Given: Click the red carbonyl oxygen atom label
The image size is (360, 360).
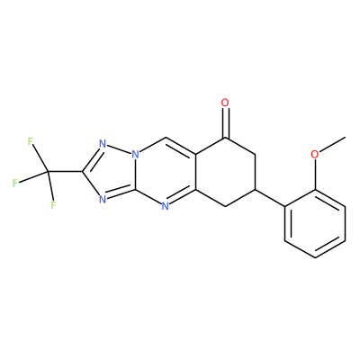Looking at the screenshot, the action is click(225, 103).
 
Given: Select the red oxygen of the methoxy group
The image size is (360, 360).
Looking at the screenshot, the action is click(315, 155).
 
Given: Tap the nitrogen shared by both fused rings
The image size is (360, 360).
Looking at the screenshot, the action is click(135, 156).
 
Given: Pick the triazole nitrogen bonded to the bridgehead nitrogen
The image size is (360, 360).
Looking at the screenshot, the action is click(103, 144).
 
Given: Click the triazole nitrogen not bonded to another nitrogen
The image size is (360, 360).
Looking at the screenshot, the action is click(103, 199).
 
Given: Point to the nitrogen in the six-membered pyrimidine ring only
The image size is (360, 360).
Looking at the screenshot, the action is click(165, 206).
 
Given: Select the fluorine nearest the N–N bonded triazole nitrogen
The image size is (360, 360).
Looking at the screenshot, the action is click(30, 141).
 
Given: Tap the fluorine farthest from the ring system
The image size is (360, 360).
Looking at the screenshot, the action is click(15, 183).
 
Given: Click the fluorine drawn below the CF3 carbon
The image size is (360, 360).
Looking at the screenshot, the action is click(53, 205).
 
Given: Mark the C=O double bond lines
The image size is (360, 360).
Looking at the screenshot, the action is click(225, 123).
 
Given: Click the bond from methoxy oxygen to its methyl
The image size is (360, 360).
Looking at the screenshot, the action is click(332, 145).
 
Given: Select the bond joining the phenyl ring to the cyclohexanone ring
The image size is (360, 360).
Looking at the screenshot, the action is click(270, 198).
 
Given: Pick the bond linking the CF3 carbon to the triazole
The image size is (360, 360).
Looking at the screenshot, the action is click(66, 172).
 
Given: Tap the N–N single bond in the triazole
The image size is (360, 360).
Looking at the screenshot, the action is click(119, 150).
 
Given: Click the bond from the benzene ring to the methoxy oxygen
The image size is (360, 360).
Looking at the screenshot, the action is click(315, 175).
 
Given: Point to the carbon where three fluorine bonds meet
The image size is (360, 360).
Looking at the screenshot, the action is click(48, 172).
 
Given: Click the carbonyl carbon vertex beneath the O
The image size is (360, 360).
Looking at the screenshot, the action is click(225, 139).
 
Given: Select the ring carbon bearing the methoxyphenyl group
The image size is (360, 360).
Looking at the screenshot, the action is click(255, 189).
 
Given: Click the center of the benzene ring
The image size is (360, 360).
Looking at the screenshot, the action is click(315, 223).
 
